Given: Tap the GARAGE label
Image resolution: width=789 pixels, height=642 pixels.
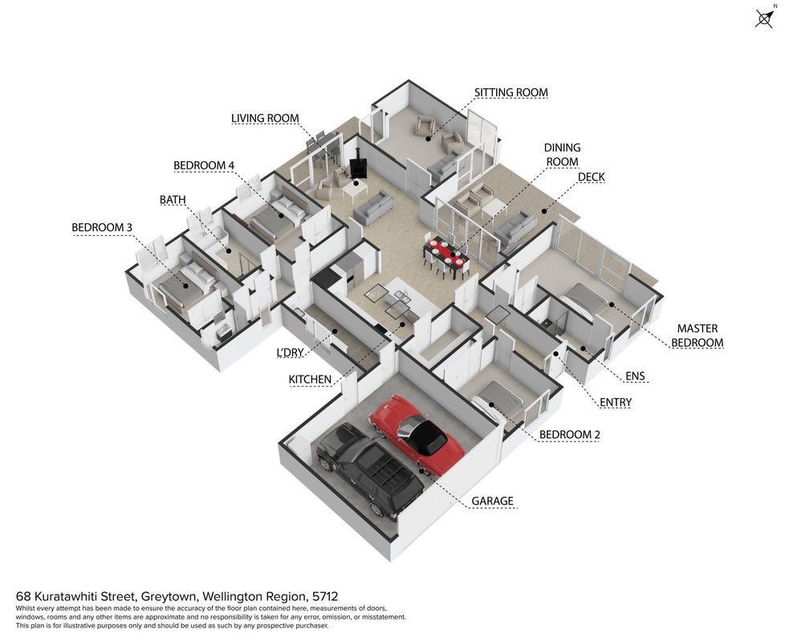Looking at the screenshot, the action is click(492, 501).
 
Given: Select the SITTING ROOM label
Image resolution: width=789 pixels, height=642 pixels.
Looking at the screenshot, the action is click(510, 92).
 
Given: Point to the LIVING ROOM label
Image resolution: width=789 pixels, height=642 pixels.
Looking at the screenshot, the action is click(265, 118).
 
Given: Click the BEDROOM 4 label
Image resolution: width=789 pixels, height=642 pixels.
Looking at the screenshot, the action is click(204, 165).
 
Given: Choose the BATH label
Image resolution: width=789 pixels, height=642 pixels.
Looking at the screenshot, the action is click(173, 200).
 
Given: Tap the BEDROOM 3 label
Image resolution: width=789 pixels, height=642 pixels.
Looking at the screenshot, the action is click(102, 227).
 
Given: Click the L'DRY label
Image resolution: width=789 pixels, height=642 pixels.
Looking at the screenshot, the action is click(290, 352).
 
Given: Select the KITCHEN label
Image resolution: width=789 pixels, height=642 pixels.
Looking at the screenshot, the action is click(310, 380).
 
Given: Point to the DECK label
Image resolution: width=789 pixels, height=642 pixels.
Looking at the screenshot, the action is click(592, 177).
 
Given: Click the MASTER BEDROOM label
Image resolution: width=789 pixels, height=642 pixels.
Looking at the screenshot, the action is click(697, 335).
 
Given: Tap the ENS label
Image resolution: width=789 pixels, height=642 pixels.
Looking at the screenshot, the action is click(635, 376).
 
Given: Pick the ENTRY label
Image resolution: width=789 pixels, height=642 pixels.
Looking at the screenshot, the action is click(616, 403).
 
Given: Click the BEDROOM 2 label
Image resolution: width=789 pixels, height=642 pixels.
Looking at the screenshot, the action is click(570, 435).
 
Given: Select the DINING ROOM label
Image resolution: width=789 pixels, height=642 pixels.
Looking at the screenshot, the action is click(562, 155).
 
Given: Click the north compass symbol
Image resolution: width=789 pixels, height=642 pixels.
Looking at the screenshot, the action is click(764, 18).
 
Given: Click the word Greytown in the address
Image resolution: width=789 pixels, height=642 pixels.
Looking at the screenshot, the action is click(169, 597).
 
